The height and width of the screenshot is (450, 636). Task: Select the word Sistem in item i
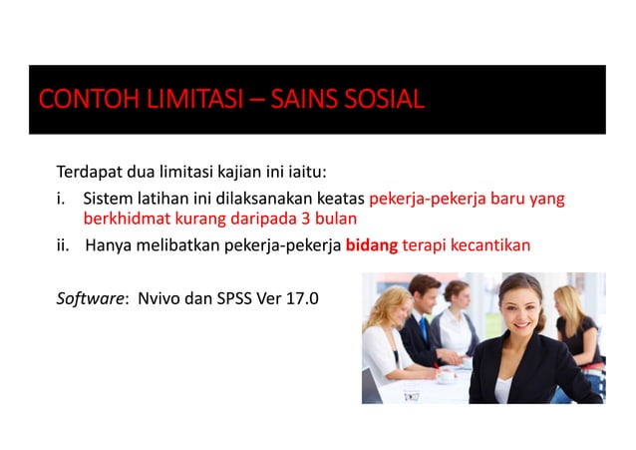point(107,197)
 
